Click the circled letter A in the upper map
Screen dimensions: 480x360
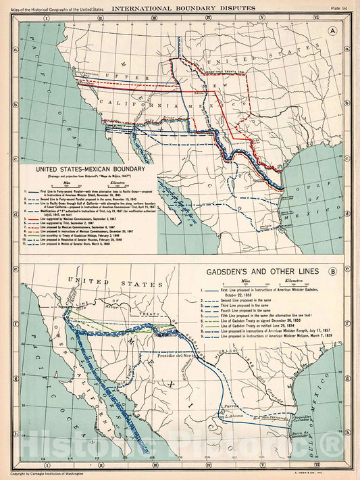[x=334, y=30]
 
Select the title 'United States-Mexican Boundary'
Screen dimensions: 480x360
[x=90, y=169]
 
